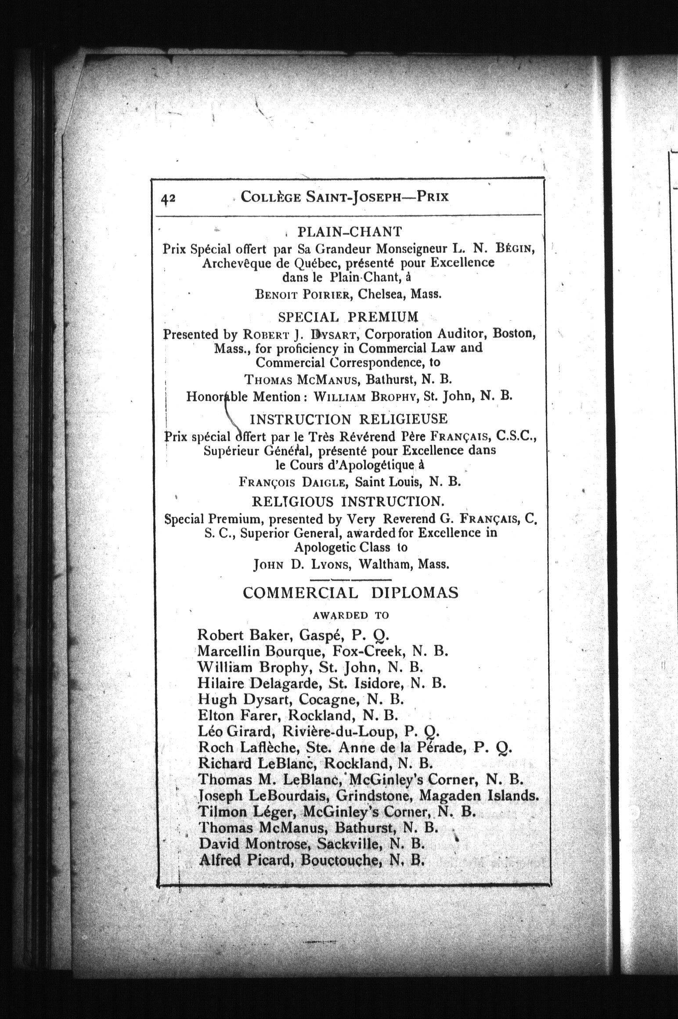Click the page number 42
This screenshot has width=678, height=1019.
(168, 199)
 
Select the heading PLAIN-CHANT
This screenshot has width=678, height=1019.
(350, 231)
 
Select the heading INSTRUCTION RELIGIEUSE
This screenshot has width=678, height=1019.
(349, 419)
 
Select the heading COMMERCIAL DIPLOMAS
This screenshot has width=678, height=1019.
(350, 593)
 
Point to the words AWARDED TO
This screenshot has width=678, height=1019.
(351, 615)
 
